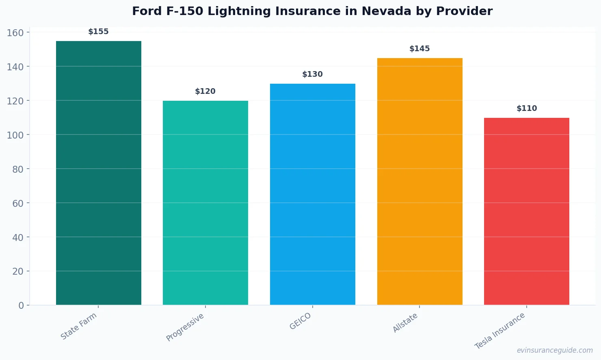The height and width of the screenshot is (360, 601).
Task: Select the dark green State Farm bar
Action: coord(99,173)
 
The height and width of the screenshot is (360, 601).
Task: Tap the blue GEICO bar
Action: coord(313,194)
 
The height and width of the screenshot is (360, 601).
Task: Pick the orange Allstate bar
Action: coord(419,181)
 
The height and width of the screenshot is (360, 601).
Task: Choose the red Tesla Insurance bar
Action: coord(527,211)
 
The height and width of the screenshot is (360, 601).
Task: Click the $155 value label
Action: coord(98,32)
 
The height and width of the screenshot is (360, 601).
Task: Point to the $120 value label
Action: coord(205,91)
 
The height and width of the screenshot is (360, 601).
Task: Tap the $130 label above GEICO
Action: coord(312,74)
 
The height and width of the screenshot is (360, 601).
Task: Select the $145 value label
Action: coord(419,49)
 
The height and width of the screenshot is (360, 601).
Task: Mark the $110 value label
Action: coord(527,108)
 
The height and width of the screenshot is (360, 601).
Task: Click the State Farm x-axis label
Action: coord(79,326)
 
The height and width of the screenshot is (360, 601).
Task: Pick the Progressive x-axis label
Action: coord(185,327)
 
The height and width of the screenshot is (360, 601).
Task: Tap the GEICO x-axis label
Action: coord(300,321)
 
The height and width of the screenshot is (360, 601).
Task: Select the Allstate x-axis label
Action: coord(405,323)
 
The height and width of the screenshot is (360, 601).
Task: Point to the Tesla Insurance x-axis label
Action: coord(500,331)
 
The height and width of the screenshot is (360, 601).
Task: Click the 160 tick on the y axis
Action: coord(15,33)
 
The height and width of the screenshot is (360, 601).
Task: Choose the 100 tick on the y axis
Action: coord(15,135)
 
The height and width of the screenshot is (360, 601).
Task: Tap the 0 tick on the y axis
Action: coord(21,306)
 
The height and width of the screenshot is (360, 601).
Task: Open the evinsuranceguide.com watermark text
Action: coord(555,350)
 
